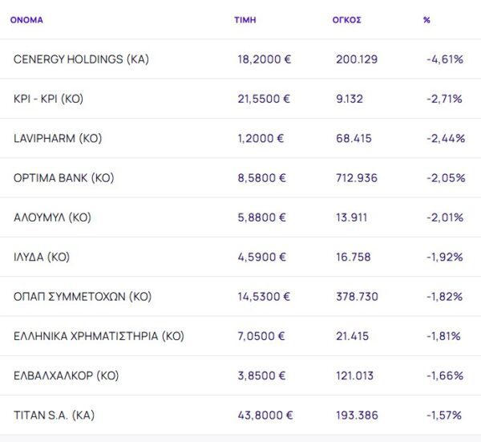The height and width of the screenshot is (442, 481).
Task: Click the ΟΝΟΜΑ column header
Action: [26, 20]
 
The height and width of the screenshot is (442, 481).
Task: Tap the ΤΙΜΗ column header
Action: [245, 20]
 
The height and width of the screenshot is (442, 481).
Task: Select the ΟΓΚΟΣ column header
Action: [346, 20]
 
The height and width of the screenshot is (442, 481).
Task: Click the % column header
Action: [426, 20]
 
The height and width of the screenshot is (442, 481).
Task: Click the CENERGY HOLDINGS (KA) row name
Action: [81, 59]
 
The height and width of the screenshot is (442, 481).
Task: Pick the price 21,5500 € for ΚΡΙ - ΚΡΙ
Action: [264, 99]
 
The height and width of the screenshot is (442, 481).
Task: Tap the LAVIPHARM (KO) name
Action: [58, 138]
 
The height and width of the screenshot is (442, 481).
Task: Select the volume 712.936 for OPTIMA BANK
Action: [357, 178]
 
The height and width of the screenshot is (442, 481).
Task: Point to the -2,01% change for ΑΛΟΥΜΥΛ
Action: [445, 217]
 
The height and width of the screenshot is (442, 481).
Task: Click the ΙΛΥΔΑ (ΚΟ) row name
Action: [42, 257]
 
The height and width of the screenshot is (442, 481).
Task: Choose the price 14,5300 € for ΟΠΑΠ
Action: [264, 297]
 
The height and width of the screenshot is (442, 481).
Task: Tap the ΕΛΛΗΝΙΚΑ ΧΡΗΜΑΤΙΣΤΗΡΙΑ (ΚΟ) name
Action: [99, 336]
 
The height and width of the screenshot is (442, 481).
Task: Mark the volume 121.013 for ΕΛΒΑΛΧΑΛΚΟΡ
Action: [357, 376]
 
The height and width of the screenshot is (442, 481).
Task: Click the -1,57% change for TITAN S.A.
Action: [444, 416]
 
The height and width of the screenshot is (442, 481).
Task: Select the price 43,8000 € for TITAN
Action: [265, 416]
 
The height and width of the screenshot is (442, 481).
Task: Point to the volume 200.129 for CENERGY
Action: [357, 59]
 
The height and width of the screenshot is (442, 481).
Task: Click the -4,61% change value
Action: [445, 59]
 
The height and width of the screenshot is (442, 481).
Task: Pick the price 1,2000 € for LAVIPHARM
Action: [261, 138]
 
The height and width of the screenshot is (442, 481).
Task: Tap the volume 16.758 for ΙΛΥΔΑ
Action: [354, 257]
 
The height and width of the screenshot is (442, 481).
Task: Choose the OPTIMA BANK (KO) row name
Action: [64, 178]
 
